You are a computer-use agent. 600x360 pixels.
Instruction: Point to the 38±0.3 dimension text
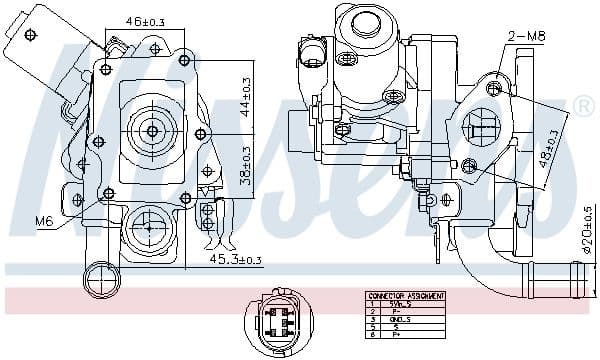tap(246, 165)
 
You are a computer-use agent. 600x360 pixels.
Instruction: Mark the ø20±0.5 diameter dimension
tap(589, 228)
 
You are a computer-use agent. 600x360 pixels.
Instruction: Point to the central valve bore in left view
tap(152, 130)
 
